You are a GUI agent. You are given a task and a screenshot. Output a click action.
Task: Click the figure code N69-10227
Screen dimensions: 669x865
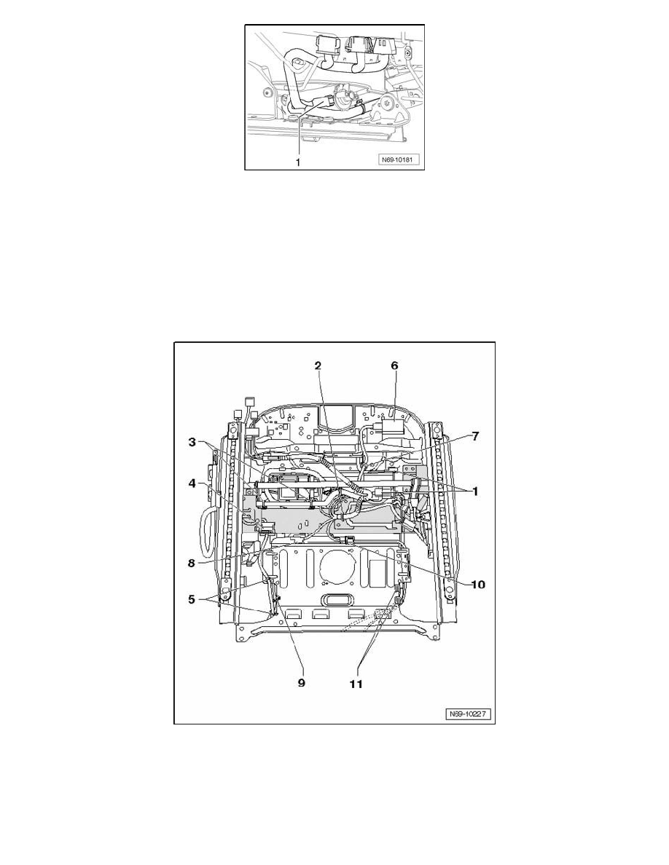pyautogui.click(x=469, y=714)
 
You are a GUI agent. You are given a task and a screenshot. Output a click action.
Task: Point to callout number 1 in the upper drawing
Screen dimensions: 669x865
pyautogui.click(x=299, y=162)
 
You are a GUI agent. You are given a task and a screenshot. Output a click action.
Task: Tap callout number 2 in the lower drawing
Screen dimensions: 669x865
pyautogui.click(x=318, y=366)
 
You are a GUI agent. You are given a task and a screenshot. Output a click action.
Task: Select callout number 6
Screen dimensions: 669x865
pyautogui.click(x=394, y=366)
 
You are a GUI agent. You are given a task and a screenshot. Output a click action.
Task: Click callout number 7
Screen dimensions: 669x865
pyautogui.click(x=475, y=436)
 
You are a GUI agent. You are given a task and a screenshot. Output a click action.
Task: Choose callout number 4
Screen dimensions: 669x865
pyautogui.click(x=192, y=483)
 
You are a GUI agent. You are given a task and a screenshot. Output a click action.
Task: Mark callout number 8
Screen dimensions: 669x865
pyautogui.click(x=192, y=564)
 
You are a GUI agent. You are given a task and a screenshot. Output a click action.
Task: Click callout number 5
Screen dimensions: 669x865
pyautogui.click(x=192, y=599)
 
